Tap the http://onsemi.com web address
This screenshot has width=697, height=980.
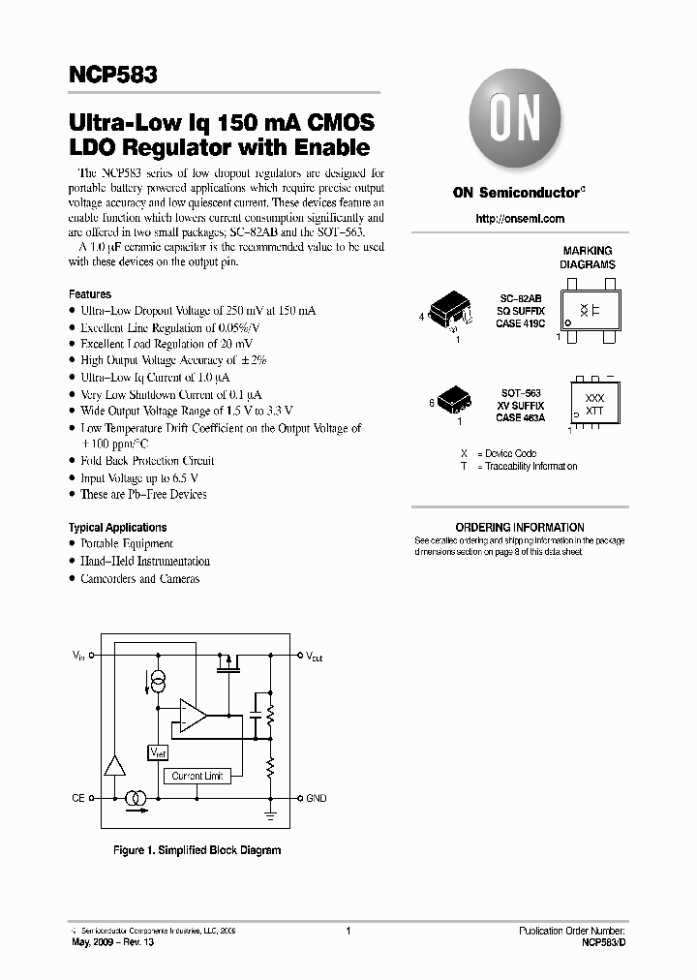tap(520, 219)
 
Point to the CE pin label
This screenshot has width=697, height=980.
tap(77, 798)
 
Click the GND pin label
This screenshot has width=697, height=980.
tap(317, 798)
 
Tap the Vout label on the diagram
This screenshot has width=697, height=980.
tap(315, 657)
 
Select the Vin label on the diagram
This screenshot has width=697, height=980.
tap(77, 657)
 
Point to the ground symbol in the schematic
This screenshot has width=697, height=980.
tap(272, 813)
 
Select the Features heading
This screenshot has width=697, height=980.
tap(90, 293)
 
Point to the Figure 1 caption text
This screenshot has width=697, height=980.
tap(197, 850)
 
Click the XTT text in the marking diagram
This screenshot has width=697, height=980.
tap(595, 411)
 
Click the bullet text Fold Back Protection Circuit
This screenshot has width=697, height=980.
tap(147, 461)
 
